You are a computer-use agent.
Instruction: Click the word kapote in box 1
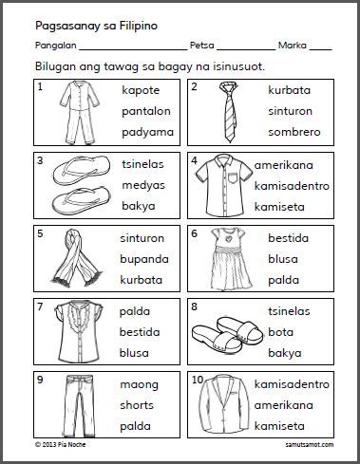142,89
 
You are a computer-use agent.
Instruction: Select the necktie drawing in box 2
223,110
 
